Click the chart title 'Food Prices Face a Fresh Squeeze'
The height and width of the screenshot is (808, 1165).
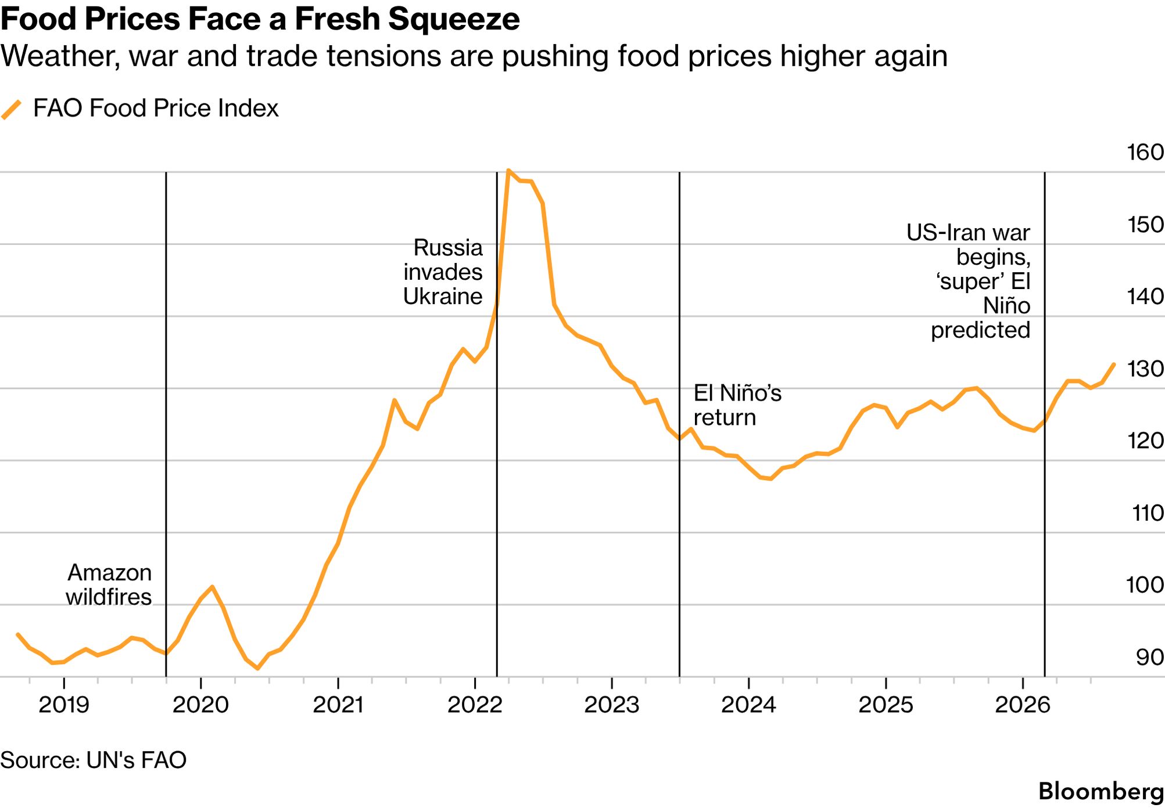point(260,19)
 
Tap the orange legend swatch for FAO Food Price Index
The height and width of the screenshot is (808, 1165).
point(12,109)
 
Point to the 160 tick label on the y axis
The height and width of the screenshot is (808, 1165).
point(1145,152)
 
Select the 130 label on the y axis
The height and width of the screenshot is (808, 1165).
point(1145,369)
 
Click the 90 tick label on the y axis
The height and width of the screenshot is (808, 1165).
point(1150,657)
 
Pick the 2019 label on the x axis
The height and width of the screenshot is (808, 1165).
point(64,705)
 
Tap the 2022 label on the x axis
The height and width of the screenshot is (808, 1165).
point(475,705)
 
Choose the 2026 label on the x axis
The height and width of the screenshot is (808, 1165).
point(1023,705)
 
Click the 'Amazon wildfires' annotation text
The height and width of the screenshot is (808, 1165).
point(109,585)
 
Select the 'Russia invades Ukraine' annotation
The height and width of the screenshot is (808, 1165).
point(443,272)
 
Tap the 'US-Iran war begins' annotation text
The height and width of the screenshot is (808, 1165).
point(969,244)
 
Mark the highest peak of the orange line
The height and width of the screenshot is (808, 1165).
point(508,170)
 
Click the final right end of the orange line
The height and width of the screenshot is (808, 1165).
point(1113,365)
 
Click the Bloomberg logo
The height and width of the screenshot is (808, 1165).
point(1101,791)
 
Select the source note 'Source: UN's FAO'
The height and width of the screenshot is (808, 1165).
point(94,760)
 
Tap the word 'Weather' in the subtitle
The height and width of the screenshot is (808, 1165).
point(60,57)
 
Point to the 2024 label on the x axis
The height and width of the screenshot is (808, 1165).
point(748,705)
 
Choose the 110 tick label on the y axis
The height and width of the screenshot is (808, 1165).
point(1148,513)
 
